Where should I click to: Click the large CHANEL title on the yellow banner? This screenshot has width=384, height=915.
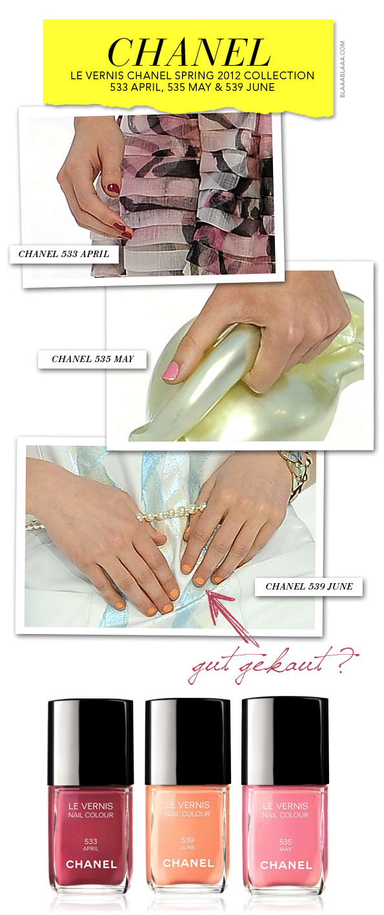[188, 52]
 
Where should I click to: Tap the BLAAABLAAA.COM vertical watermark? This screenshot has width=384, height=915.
[342, 68]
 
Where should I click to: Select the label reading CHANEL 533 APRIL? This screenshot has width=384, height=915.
[64, 254]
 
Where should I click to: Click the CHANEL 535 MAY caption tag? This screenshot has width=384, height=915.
[92, 359]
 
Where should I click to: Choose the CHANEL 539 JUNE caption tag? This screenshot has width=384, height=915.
[308, 586]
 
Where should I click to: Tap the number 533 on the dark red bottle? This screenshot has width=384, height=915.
[90, 842]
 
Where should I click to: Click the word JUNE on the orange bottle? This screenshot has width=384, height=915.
[188, 847]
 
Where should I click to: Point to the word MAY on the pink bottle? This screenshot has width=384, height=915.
[285, 849]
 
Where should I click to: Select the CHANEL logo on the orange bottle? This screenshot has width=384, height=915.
[188, 863]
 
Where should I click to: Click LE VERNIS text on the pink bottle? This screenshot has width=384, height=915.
[285, 806]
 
